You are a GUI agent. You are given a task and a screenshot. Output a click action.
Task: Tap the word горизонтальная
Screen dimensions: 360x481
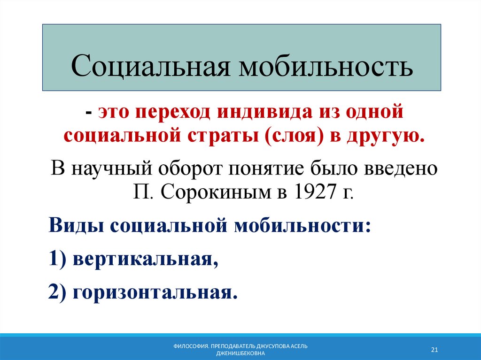click(x=153, y=293)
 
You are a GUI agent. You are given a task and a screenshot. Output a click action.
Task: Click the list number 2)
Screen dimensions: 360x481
click(x=58, y=293)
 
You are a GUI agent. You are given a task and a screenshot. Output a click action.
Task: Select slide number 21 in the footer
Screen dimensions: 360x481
click(x=434, y=350)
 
